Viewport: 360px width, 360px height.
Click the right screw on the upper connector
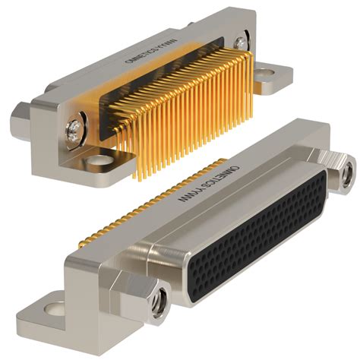tap(241, 43)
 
